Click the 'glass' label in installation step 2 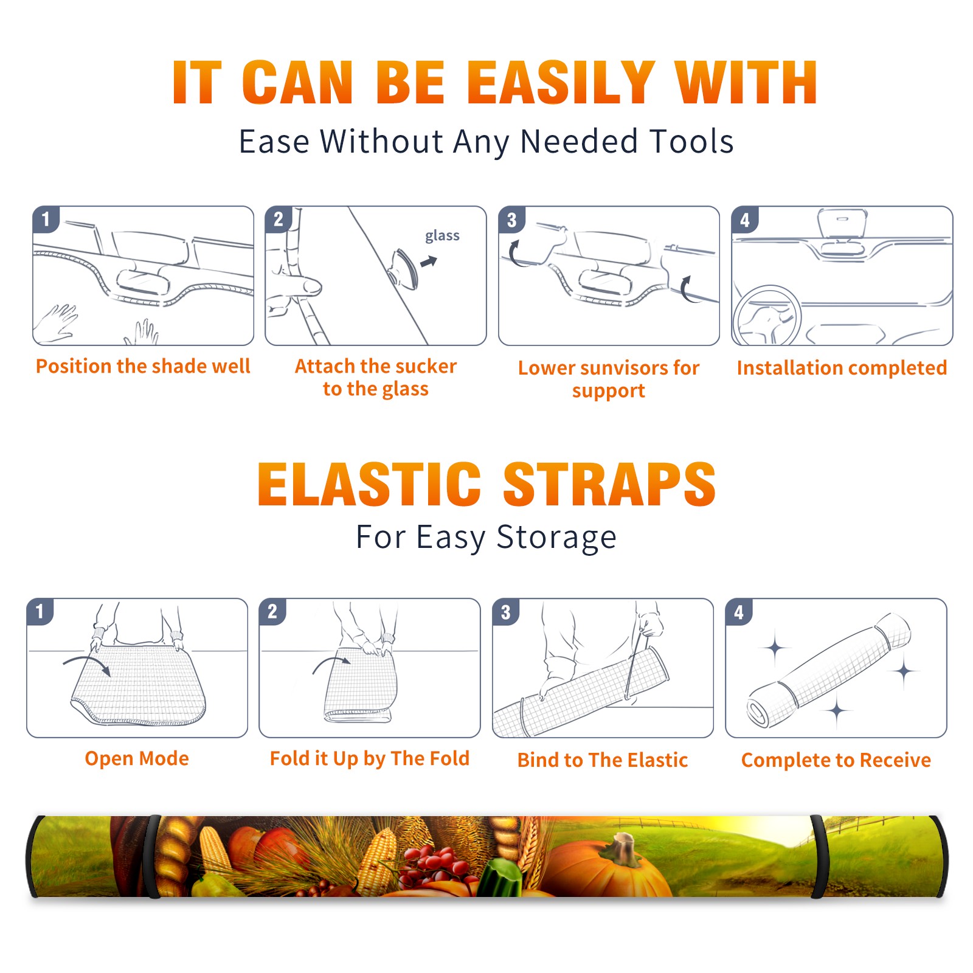[442, 236]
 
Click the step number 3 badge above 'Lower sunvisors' [511, 220]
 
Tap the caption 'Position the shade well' [143, 366]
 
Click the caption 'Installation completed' [842, 367]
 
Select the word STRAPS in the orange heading [609, 484]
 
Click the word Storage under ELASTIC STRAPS [556, 538]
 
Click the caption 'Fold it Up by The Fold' [370, 758]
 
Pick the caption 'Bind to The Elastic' [603, 760]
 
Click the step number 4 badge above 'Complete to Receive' [739, 612]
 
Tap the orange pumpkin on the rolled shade [608, 867]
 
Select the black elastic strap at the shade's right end [819, 856]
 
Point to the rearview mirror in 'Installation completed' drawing [842, 223]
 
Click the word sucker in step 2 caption [426, 366]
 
